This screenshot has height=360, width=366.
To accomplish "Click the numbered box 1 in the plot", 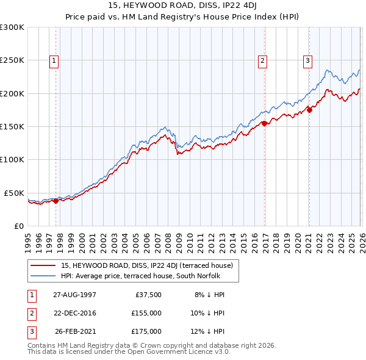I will tap(55, 60).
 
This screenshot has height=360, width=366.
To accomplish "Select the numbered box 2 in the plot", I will tap(262, 60).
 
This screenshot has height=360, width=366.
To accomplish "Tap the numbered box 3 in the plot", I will tap(307, 60).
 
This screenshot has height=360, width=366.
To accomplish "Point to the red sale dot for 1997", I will tap(56, 200).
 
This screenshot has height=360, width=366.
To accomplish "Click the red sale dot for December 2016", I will tap(264, 123).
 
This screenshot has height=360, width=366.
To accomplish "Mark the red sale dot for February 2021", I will tap(309, 110).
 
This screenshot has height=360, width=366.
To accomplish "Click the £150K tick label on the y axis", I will tap(12, 126).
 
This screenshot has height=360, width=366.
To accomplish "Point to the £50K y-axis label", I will tap(14, 193).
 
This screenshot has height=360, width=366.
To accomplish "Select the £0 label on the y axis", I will tap(18, 226).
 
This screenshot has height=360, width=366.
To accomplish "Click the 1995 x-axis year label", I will tap(28, 242).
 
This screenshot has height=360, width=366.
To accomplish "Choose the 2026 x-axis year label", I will tap(361, 242).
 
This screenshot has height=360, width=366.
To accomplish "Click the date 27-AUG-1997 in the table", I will tap(74, 294).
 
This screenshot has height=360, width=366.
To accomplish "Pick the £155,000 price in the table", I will tap(146, 313).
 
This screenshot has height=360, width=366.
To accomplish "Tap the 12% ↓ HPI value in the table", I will tap(207, 331).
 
